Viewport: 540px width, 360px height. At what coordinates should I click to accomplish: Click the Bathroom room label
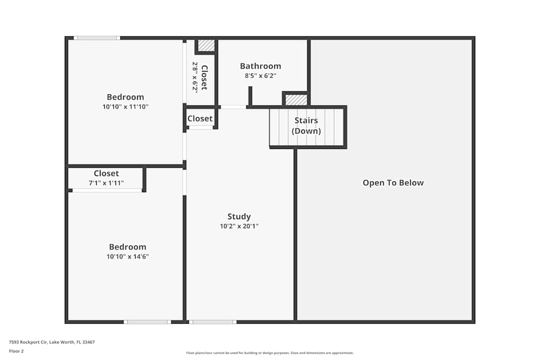click(x=260, y=66)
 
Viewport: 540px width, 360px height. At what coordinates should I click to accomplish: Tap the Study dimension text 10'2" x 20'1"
click(x=239, y=227)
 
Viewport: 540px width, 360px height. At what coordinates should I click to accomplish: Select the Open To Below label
click(x=393, y=183)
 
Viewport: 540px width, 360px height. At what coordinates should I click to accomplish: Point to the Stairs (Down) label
click(x=306, y=126)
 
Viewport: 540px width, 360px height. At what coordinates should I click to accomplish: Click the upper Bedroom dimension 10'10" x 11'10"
click(x=125, y=107)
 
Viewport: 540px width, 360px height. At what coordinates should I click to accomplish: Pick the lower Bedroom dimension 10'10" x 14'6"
click(x=127, y=257)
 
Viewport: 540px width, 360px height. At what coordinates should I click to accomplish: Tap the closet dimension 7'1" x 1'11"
click(x=106, y=183)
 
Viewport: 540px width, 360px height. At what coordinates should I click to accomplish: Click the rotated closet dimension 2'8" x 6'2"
click(x=195, y=77)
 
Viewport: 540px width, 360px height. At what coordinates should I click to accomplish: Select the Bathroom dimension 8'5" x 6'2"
click(x=260, y=76)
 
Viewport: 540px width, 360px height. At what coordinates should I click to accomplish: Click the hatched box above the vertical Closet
click(x=206, y=45)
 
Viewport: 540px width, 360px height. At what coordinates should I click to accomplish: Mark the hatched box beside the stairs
click(x=296, y=100)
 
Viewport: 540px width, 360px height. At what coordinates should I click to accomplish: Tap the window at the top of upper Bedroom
click(x=97, y=38)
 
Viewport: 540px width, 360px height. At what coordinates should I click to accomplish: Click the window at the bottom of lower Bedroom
click(x=147, y=322)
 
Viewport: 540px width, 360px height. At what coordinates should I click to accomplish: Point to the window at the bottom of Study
click(x=212, y=322)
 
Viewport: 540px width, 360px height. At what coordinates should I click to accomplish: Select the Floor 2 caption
click(x=16, y=351)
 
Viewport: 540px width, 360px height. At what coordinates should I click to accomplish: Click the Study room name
click(x=239, y=217)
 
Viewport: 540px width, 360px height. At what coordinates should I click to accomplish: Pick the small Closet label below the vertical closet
click(x=200, y=119)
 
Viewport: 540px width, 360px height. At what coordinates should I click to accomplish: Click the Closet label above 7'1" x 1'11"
click(x=106, y=173)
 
